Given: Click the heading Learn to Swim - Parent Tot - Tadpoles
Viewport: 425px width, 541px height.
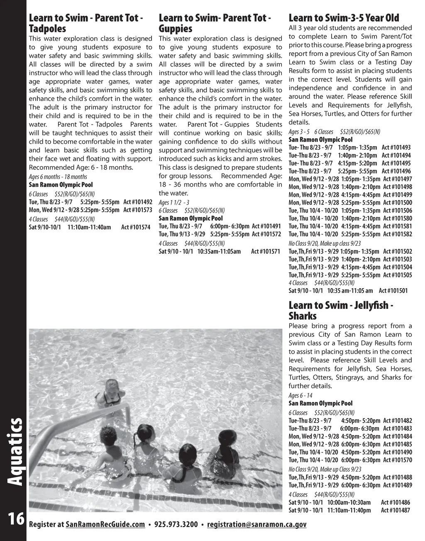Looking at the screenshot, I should click(x=86, y=23).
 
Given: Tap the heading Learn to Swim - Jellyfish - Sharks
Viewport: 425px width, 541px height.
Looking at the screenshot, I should click(x=341, y=311).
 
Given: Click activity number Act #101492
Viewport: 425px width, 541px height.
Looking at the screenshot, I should click(x=138, y=202).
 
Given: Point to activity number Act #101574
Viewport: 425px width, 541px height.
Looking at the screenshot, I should click(x=136, y=228).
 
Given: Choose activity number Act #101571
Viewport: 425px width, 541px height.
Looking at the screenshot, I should click(x=266, y=252).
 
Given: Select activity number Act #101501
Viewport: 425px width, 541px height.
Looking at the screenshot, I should click(x=393, y=291).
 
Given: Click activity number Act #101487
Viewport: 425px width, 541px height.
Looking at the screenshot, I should click(x=395, y=511).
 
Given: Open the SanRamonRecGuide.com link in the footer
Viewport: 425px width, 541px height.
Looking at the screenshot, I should click(x=105, y=525).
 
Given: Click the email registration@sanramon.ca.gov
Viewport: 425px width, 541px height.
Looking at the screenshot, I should click(x=256, y=525).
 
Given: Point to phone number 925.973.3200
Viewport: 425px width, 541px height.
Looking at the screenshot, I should click(x=176, y=525).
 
